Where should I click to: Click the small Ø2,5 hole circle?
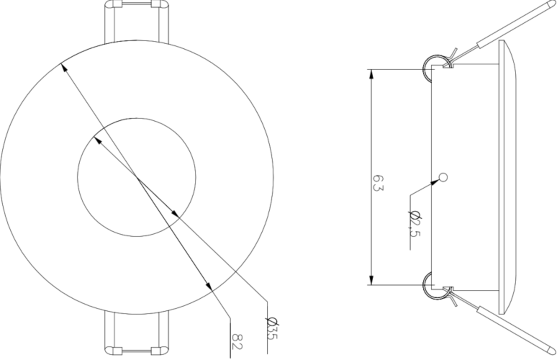pos(443,177)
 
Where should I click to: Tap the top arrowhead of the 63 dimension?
pos(371,74)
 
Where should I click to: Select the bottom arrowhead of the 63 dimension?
pos(371,280)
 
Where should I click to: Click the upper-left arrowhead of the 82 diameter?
pos(64,68)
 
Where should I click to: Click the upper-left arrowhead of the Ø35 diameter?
pos(97,139)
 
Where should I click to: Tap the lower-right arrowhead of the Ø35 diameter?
pos(175,214)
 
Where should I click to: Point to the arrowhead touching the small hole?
pos(435,182)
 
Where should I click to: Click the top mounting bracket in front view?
pos(136,21)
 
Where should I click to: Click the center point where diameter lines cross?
pos(136,177)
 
